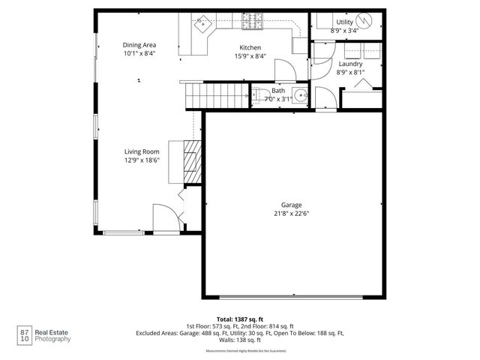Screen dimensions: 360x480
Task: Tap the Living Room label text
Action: pos(142,151)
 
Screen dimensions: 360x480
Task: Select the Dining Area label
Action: pos(139,44)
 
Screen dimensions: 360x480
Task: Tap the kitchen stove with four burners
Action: pos(253,22)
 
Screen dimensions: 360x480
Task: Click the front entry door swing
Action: pos(166,216)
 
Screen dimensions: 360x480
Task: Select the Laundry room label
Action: pos(349,64)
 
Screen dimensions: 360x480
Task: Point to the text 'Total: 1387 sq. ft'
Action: pos(240,319)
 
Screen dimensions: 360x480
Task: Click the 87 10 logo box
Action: pos(25,334)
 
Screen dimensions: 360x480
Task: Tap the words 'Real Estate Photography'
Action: pos(53,335)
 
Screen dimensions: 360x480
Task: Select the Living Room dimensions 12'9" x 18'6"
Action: pos(142,160)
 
